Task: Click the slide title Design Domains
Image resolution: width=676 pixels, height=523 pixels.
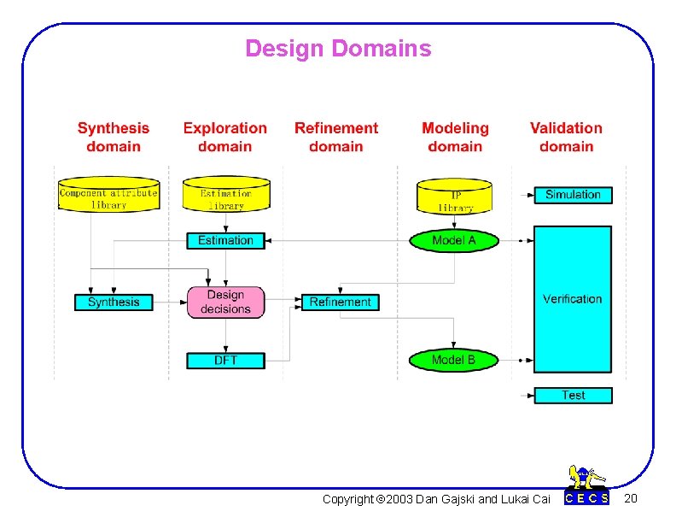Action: click(338, 49)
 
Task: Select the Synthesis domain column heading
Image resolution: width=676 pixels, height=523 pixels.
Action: click(113, 137)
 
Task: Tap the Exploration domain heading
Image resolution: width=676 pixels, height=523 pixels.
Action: click(224, 137)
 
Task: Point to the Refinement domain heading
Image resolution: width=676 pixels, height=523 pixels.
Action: click(335, 137)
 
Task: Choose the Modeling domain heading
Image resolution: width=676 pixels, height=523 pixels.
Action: click(455, 137)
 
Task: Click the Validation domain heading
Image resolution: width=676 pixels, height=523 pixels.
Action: click(566, 137)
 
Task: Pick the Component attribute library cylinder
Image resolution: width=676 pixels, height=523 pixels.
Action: click(108, 195)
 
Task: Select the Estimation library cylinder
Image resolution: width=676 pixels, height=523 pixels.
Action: click(226, 196)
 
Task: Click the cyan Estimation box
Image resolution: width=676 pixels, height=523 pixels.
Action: click(225, 240)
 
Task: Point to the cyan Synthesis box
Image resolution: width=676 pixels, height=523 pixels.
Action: click(113, 302)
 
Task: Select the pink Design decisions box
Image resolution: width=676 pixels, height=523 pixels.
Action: click(225, 302)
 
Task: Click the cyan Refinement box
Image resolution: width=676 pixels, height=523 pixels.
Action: click(340, 302)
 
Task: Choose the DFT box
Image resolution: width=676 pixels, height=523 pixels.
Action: click(225, 360)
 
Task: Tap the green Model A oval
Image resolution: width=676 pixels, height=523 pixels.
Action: click(454, 240)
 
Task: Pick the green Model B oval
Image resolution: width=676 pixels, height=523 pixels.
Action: click(454, 360)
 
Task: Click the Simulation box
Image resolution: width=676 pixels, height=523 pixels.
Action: click(573, 195)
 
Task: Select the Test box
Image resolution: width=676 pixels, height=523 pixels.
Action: click(573, 395)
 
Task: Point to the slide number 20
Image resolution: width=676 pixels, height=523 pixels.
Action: click(630, 498)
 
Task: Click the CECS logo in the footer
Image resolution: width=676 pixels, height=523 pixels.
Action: click(587, 487)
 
